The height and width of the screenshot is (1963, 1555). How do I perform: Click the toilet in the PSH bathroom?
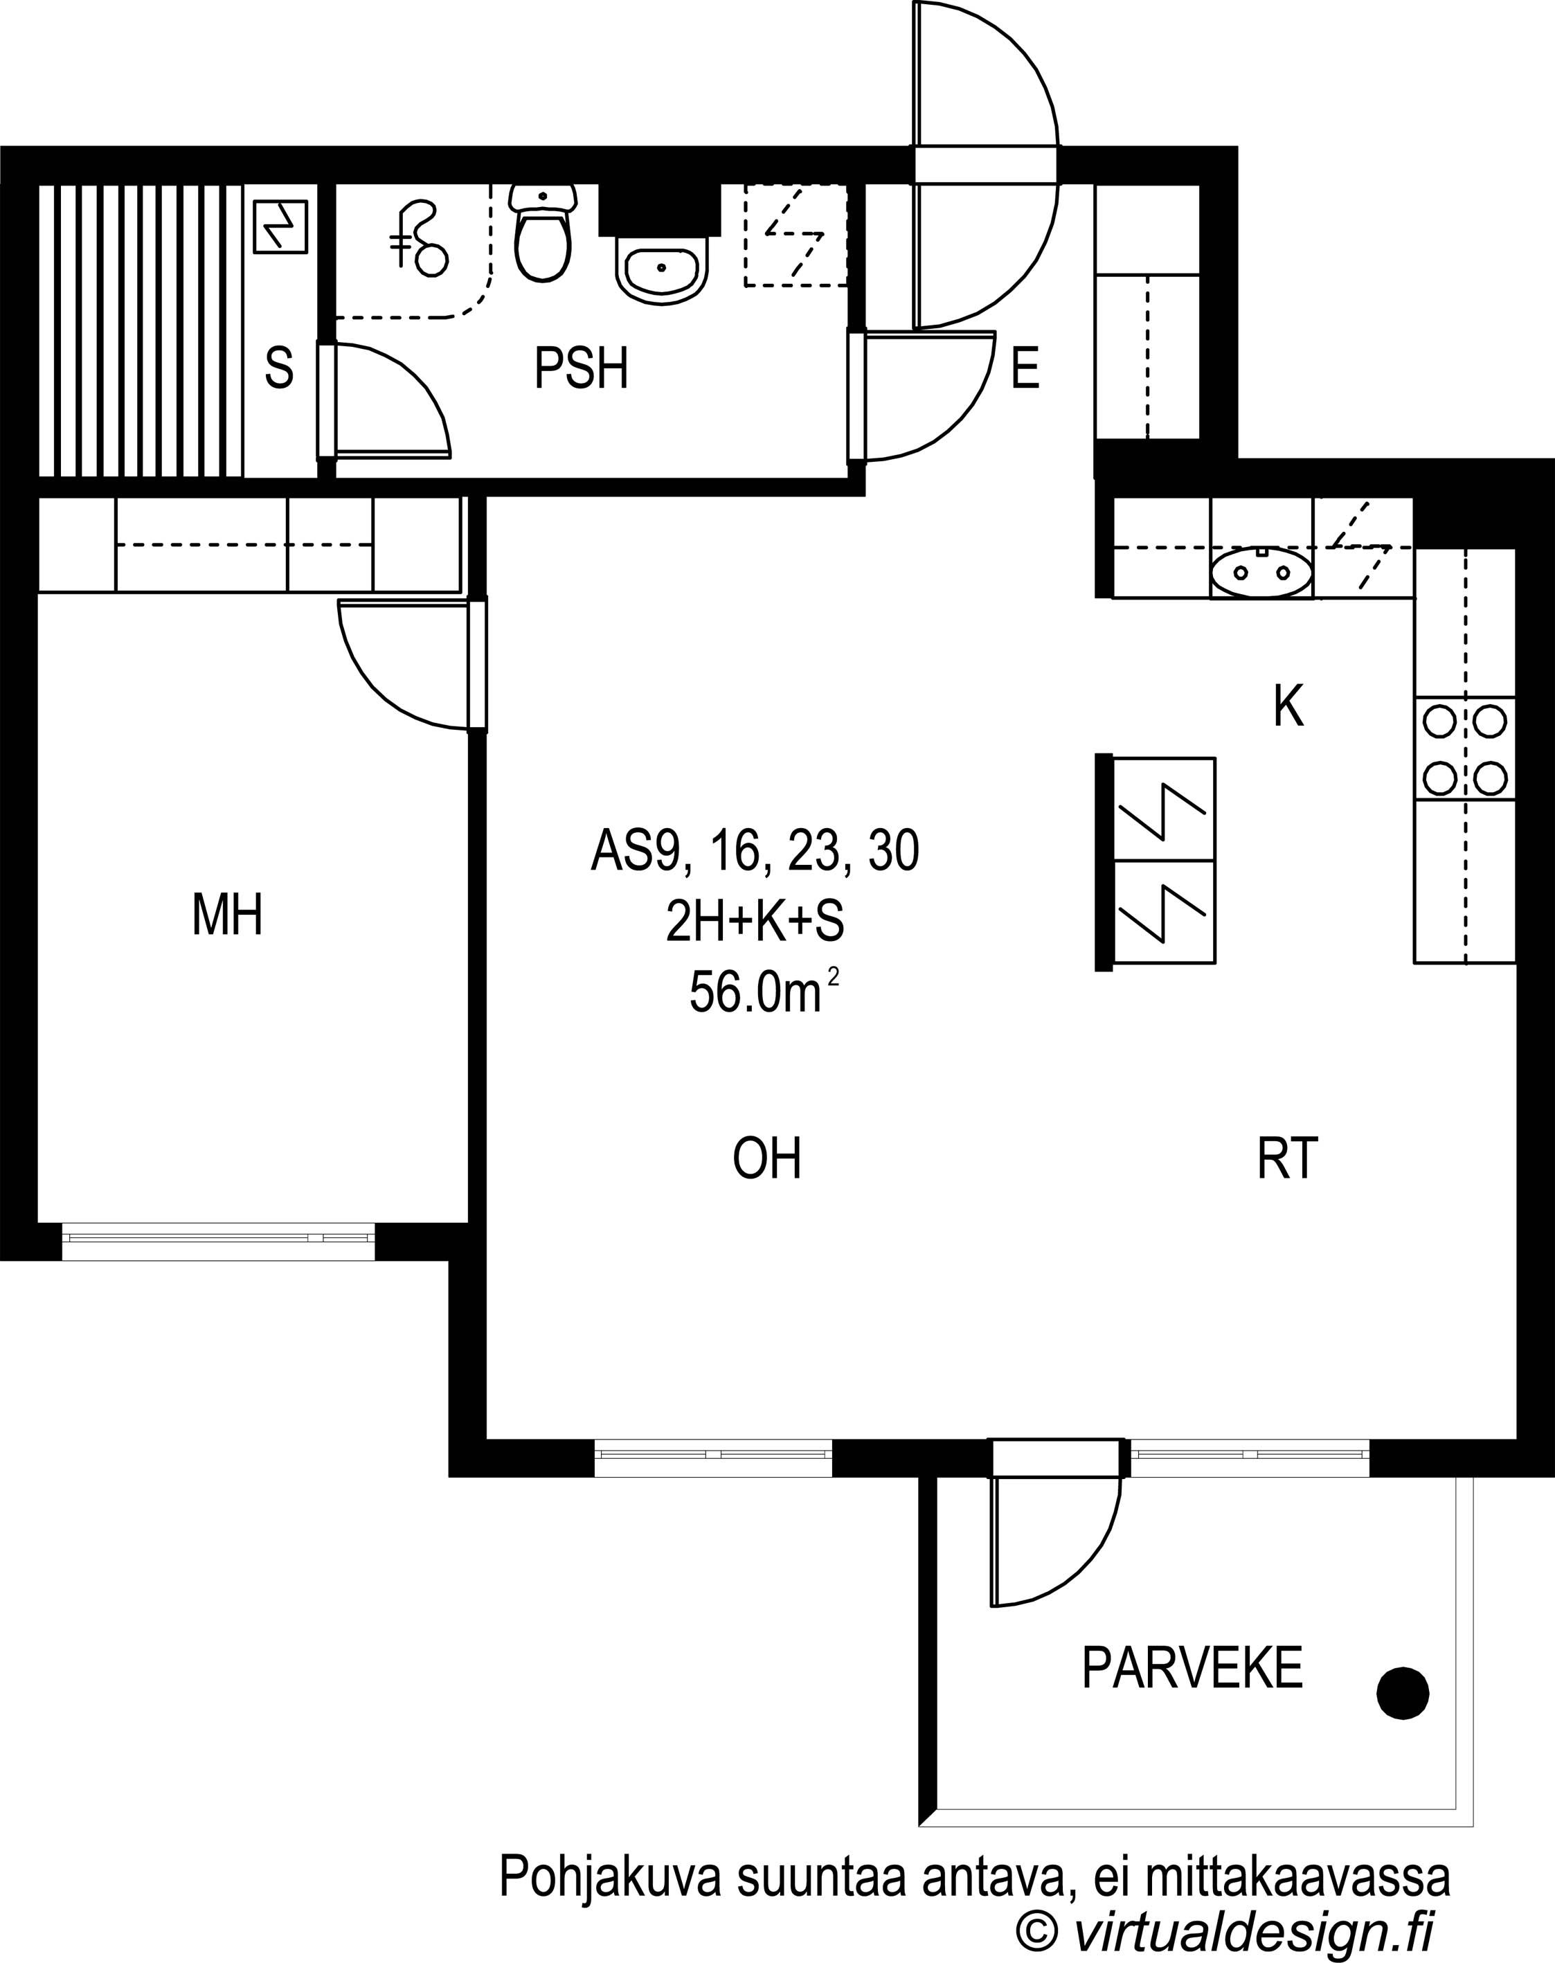(543, 232)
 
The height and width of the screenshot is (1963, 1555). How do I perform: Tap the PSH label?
(581, 369)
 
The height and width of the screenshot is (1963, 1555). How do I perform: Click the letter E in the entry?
(1025, 369)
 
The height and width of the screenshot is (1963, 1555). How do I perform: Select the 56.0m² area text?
(763, 992)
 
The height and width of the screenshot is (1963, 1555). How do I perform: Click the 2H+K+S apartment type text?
(755, 922)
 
